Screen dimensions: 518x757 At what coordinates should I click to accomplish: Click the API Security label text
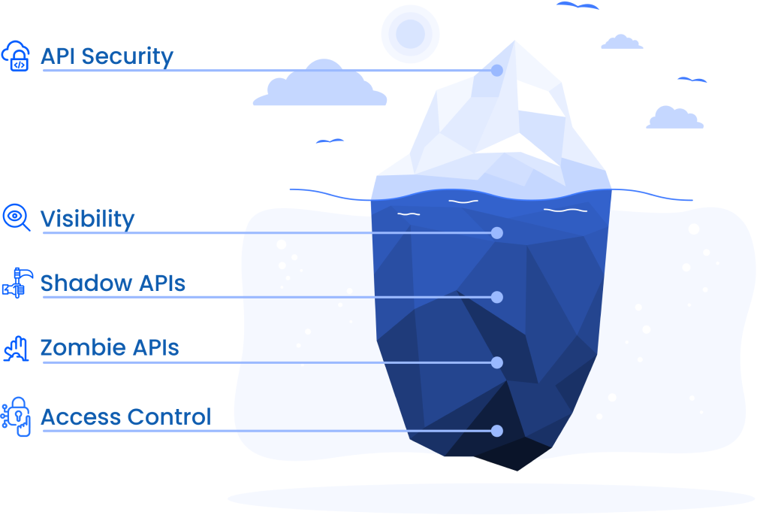pyautogui.click(x=107, y=56)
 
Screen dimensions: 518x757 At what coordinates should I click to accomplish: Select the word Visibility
pyautogui.click(x=87, y=219)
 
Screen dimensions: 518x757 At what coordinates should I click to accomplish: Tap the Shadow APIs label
pyautogui.click(x=113, y=283)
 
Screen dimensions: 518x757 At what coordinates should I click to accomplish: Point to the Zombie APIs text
pyautogui.click(x=110, y=348)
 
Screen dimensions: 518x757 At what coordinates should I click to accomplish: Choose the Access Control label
pyautogui.click(x=126, y=417)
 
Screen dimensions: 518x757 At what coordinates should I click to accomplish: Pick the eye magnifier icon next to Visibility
pyautogui.click(x=16, y=217)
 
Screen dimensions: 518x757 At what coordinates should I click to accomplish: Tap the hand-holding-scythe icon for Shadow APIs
pyautogui.click(x=15, y=283)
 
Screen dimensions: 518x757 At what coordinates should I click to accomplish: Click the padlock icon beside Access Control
pyautogui.click(x=17, y=416)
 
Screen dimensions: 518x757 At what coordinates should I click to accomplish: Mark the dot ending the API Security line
pyautogui.click(x=496, y=71)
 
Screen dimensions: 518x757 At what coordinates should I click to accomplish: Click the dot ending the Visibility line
pyautogui.click(x=496, y=233)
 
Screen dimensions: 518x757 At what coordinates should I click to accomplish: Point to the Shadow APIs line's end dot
pyautogui.click(x=496, y=298)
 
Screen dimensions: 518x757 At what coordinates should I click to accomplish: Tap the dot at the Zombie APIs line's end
pyautogui.click(x=496, y=363)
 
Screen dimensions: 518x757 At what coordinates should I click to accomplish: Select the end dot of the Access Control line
pyautogui.click(x=496, y=431)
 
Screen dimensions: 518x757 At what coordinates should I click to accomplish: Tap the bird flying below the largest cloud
pyautogui.click(x=330, y=141)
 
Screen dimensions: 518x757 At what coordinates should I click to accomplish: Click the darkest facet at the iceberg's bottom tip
pyautogui.click(x=514, y=453)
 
